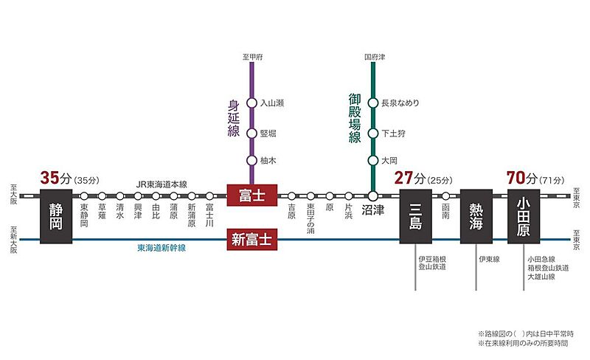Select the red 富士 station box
251,195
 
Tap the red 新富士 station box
251,239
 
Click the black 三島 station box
414,215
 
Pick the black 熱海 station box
476,215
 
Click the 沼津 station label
374,210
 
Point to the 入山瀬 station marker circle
251,104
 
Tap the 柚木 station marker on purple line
251,161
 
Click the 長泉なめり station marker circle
374,104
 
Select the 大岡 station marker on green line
374,161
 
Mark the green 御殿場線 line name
355,118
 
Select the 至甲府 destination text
251,56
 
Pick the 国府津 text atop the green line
374,56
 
